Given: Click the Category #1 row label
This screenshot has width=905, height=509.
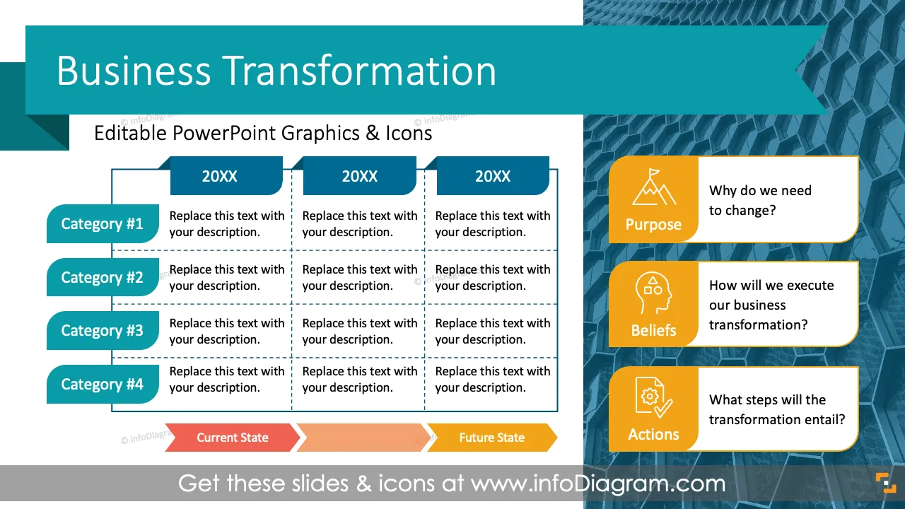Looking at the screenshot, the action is click(103, 223).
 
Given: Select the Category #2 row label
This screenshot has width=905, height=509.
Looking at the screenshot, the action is click(103, 277).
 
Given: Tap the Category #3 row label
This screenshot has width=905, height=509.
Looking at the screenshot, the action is click(103, 330).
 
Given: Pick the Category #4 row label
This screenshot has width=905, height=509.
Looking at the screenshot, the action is click(103, 384).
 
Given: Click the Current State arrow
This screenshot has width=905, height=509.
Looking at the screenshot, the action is click(233, 438).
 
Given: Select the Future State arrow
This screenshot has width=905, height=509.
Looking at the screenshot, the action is click(492, 438).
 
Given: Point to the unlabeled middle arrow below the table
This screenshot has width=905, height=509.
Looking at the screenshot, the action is click(363, 438).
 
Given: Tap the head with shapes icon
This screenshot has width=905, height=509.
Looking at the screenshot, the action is click(653, 293).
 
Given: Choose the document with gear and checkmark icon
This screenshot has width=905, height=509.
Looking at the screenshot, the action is click(653, 398).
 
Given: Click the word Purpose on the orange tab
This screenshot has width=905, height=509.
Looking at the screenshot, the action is click(653, 224).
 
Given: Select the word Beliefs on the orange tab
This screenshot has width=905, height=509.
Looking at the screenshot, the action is click(653, 330).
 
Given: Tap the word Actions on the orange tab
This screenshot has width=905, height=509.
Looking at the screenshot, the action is click(653, 434).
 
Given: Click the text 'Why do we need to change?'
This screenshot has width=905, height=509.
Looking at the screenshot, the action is click(760, 200).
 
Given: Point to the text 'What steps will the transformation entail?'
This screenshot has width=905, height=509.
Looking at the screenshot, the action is click(777, 409).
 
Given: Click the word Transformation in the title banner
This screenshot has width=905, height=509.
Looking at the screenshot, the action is click(359, 71).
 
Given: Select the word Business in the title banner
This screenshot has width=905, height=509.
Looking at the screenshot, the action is click(134, 71).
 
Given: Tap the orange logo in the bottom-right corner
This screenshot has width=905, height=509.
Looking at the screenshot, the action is click(886, 483).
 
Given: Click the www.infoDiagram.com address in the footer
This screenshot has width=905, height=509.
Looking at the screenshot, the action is click(598, 483).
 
